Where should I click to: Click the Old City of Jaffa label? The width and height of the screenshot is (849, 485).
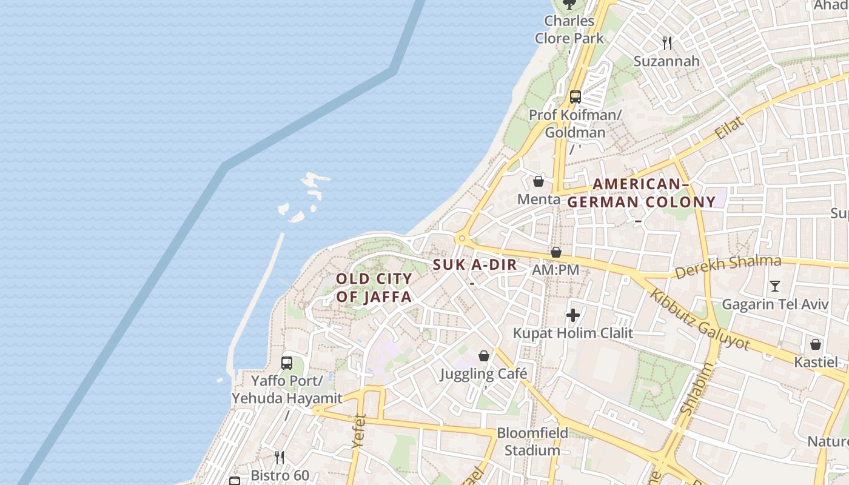[374, 288]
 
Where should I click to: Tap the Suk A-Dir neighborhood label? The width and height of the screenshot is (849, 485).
[475, 264]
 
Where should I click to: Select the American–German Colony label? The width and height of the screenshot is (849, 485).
[642, 193]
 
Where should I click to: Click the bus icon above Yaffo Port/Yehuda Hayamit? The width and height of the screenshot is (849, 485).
[287, 363]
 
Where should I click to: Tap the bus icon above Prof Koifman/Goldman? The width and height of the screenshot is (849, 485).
[576, 96]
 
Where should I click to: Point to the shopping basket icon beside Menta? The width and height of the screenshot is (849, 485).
[538, 181]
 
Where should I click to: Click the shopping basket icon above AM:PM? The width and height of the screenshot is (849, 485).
[556, 252]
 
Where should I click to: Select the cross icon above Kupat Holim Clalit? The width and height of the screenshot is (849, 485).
[572, 315]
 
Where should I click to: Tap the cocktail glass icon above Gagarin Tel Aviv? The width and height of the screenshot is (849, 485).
[774, 286]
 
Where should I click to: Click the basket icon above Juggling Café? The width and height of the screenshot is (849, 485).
[484, 356]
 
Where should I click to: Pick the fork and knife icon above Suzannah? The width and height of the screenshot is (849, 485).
[667, 42]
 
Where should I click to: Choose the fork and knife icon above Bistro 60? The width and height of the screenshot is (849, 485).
[280, 457]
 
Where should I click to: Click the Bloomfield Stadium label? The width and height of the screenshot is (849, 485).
[532, 441]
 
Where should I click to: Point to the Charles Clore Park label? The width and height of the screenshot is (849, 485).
[569, 29]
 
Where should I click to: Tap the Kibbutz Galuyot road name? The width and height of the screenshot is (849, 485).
[700, 319]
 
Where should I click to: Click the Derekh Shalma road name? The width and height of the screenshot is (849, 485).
[728, 267]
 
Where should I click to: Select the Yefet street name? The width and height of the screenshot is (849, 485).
[359, 431]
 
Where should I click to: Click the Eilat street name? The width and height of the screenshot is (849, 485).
[730, 129]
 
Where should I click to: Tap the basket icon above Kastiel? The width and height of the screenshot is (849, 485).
[816, 344]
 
